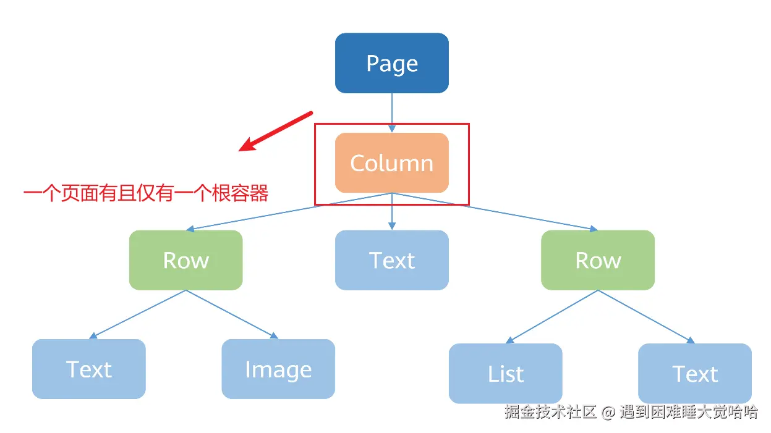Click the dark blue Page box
click(x=392, y=63)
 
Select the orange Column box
click(x=392, y=162)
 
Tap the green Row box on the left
click(x=185, y=260)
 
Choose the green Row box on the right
click(x=598, y=260)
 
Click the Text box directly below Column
click(x=392, y=260)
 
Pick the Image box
click(x=278, y=369)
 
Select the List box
click(x=505, y=373)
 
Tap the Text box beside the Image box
click(x=89, y=369)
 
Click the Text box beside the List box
click(x=695, y=373)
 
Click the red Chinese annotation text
click(x=146, y=194)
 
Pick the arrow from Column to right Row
click(x=495, y=211)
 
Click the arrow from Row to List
click(x=552, y=316)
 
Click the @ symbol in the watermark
click(x=608, y=412)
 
